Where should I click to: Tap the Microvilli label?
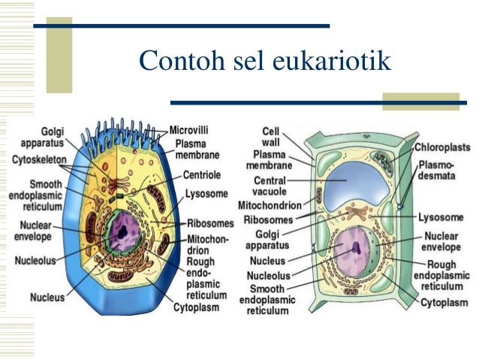tap(189, 129)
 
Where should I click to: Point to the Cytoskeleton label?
tap(39, 159)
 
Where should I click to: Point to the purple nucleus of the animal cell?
tap(122, 228)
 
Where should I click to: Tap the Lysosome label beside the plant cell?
tap(441, 216)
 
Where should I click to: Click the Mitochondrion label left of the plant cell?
tap(270, 205)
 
